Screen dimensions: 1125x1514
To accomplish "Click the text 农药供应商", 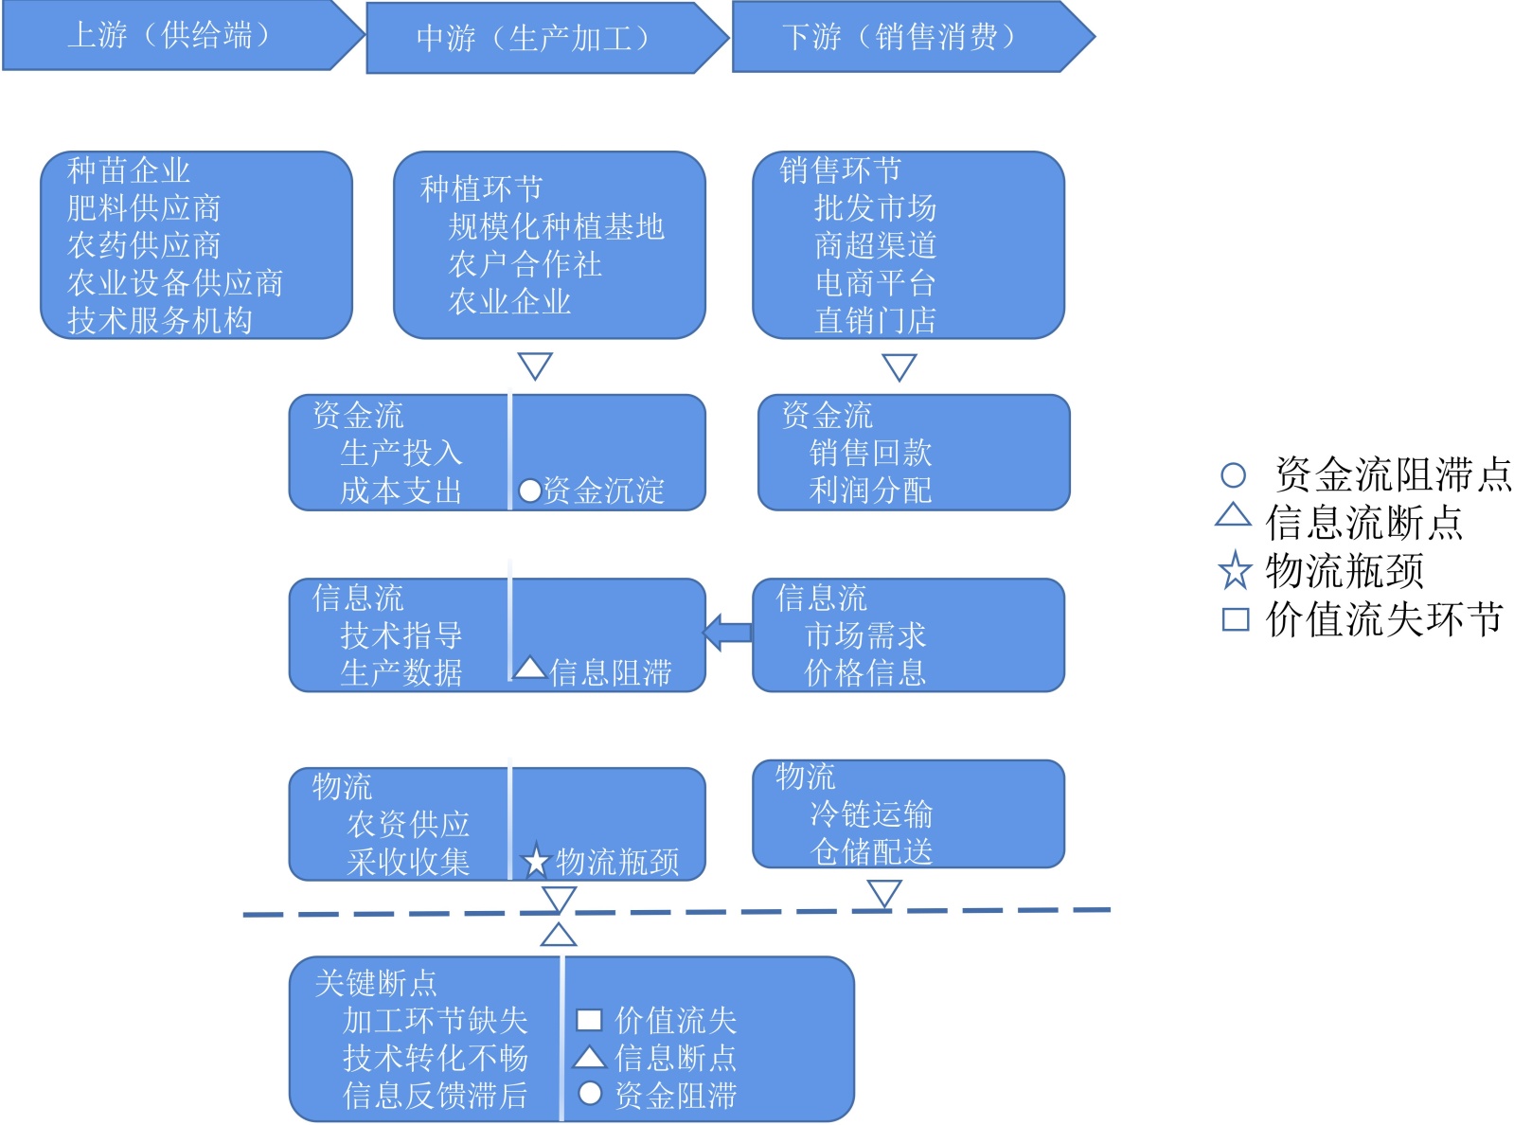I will click(144, 245).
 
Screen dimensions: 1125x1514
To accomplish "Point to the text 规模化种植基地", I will click(557, 226).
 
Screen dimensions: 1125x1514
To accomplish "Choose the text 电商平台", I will click(875, 283).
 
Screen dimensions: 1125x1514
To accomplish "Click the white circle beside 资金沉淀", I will click(530, 491).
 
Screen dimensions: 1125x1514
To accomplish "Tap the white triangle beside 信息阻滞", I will click(529, 670).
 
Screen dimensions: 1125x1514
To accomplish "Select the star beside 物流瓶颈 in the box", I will click(536, 861).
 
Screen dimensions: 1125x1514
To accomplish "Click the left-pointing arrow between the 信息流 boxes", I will click(727, 633).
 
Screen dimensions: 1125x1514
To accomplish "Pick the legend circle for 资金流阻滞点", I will click(1233, 474).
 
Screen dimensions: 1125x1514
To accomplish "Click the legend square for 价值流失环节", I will click(1235, 619).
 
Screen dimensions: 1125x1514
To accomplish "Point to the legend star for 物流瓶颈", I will click(1235, 571).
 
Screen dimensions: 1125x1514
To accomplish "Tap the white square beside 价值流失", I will click(589, 1020).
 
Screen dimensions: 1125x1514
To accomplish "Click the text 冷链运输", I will click(871, 813).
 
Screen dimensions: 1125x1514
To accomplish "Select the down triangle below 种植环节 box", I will click(535, 366).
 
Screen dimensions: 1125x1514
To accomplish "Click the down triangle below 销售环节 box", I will click(899, 366).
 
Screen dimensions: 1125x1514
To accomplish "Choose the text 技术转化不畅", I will click(435, 1058).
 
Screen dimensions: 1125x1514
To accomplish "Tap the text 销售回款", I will click(870, 453).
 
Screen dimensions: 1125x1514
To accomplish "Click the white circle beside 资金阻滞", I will click(590, 1094).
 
